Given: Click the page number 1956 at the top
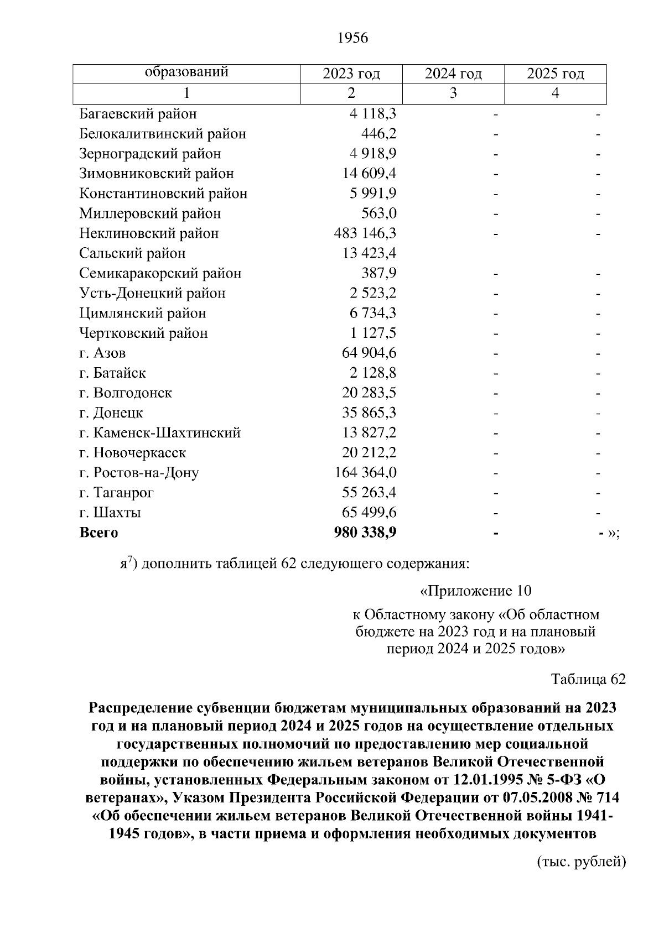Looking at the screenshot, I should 352,38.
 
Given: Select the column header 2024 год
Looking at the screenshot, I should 453,74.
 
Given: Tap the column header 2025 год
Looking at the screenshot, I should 555,74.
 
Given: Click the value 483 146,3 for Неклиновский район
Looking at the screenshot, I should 365,233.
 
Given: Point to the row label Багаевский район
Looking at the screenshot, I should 138,114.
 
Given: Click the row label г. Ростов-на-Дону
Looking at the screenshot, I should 139,473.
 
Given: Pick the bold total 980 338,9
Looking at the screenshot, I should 365,533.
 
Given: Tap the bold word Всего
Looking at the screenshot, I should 98,533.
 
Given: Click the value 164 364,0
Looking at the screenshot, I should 366,473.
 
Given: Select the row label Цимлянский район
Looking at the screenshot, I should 142,313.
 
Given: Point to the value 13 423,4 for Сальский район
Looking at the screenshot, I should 369,253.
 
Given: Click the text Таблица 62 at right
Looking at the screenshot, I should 588,679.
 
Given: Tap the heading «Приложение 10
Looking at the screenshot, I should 476,591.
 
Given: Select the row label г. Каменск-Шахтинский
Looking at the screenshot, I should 160,433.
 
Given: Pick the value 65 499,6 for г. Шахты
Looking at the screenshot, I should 369,513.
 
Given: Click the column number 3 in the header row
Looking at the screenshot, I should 453,93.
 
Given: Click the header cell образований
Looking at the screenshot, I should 186,72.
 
